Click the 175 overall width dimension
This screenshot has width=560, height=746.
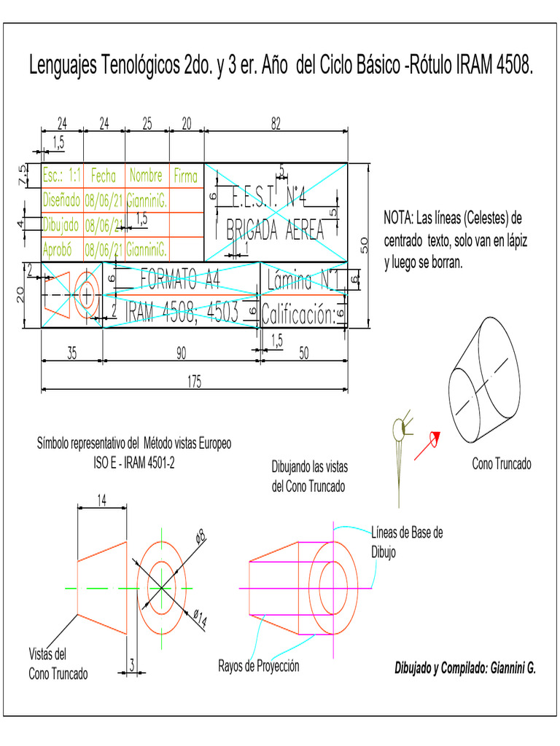(194, 383)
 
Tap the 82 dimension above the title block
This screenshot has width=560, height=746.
(276, 125)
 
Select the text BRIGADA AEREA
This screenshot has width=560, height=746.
(274, 230)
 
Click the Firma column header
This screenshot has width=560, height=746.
(185, 176)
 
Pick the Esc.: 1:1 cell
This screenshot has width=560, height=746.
(62, 176)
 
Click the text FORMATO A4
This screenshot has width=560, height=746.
(179, 277)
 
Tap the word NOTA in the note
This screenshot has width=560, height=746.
(398, 219)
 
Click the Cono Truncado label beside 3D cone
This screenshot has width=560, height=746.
(502, 464)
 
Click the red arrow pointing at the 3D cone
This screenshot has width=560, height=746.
(426, 445)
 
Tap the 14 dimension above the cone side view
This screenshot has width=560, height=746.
(103, 500)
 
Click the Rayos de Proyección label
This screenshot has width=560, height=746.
(259, 666)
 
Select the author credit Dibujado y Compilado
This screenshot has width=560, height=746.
(464, 667)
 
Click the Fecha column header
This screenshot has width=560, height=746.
(104, 176)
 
